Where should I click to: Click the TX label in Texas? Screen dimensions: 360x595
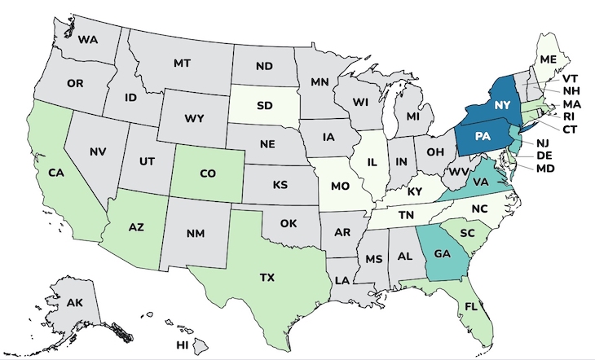pos(267,277)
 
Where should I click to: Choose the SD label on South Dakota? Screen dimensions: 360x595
pos(264,106)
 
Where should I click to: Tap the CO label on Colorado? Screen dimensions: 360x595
pos(208,173)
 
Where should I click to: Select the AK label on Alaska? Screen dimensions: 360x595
pos(75,303)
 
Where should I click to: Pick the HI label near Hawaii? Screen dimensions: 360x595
pos(183,345)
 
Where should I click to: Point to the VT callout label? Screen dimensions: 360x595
pos(571,78)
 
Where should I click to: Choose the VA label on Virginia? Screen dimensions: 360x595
pos(481,184)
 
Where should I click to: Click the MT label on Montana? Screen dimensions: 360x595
pos(182,64)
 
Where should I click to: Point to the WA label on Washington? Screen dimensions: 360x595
pos(87,38)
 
